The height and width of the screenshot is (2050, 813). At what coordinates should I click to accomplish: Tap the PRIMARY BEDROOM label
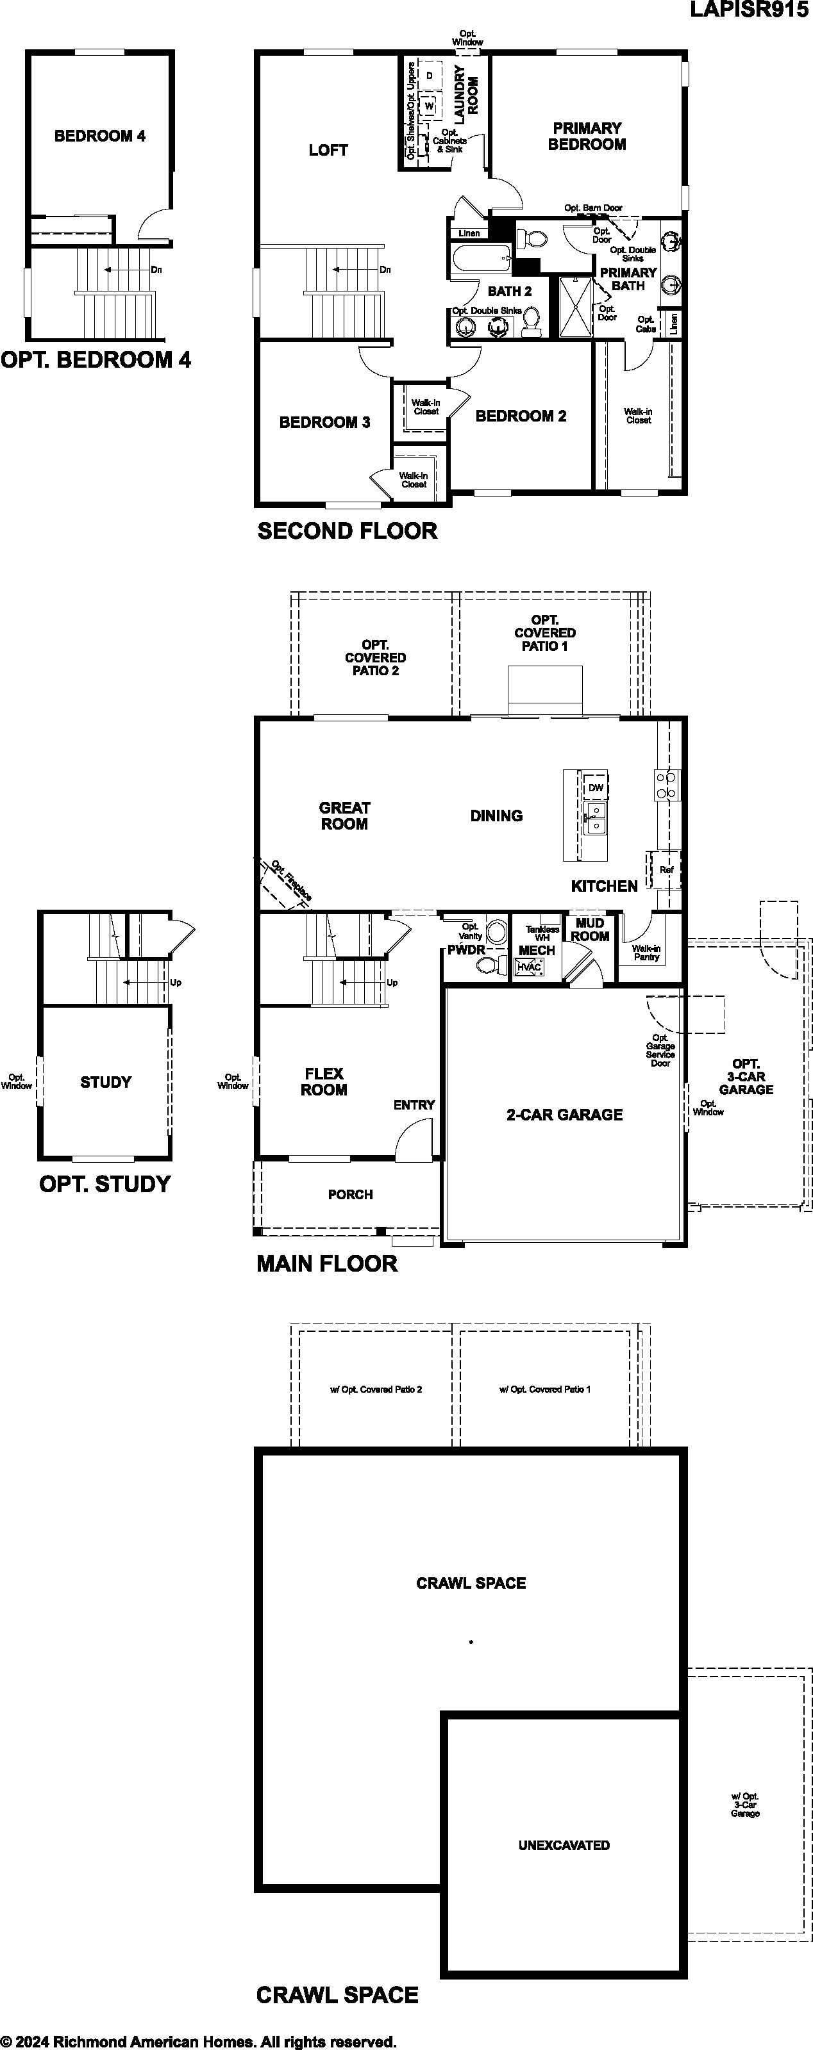pos(587,136)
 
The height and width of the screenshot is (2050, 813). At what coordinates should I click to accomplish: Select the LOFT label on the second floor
pos(328,150)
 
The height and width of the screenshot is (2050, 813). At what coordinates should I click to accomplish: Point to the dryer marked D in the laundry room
pos(429,76)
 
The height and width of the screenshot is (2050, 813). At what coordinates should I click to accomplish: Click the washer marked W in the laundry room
pos(429,105)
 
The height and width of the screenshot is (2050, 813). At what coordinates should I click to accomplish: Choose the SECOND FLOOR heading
pos(347,531)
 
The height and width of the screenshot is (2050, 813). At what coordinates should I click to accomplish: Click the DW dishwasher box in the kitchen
pos(596,788)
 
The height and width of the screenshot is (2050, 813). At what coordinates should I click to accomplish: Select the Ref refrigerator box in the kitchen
pos(666,870)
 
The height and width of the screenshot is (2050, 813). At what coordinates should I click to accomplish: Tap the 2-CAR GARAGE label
pos(565,1115)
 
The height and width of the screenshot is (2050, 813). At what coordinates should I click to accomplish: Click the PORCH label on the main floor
pos(350,1195)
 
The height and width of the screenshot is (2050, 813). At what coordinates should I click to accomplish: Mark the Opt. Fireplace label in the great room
pos(292,880)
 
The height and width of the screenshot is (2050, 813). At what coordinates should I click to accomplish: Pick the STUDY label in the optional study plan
pos(106,1082)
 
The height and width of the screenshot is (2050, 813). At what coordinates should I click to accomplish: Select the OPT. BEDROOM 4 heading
pos(96,359)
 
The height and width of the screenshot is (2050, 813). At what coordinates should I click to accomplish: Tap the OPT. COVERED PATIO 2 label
pos(375,657)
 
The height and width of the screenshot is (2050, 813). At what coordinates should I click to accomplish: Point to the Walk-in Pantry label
pos(646,953)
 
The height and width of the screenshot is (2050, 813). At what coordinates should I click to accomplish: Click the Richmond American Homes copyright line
pos(198,2041)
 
